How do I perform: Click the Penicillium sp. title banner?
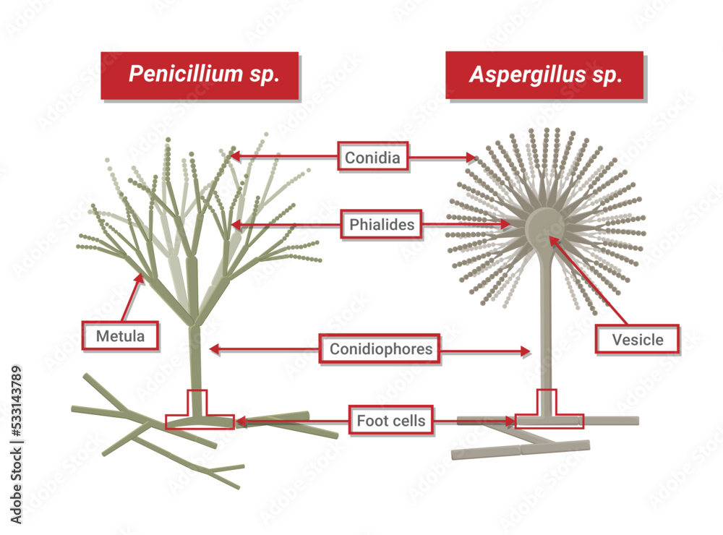[200, 75]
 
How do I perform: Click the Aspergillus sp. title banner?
[544, 75]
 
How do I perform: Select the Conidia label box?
[373, 156]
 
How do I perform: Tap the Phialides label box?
[382, 224]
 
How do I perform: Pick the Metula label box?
[120, 336]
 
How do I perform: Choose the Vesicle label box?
[637, 339]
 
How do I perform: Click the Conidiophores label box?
[381, 350]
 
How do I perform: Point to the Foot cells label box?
[391, 420]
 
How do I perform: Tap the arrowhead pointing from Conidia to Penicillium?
[233, 155]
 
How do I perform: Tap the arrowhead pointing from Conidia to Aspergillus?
[473, 157]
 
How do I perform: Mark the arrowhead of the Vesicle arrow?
[554, 240]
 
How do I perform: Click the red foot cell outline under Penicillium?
[199, 420]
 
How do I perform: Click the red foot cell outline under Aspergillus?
[548, 420]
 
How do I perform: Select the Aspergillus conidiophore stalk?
[546, 318]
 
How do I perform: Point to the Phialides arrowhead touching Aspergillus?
[507, 225]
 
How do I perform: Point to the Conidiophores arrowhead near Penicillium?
[213, 349]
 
